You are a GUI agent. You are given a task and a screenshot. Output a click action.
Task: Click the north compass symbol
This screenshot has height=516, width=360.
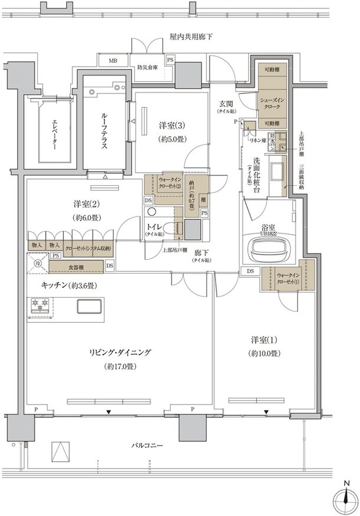pos(344,497)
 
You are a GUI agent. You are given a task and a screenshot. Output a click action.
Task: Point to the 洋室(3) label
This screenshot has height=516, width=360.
pos(171,126)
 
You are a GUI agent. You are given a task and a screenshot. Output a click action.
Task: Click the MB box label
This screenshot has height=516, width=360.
pos(112,60)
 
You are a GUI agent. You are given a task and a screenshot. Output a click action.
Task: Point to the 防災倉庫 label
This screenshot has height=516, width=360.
pos(148,67)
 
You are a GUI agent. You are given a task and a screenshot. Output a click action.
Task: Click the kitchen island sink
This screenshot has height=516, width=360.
pos(89,307)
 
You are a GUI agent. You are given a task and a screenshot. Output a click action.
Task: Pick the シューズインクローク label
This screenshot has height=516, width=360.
pos(271,104)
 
